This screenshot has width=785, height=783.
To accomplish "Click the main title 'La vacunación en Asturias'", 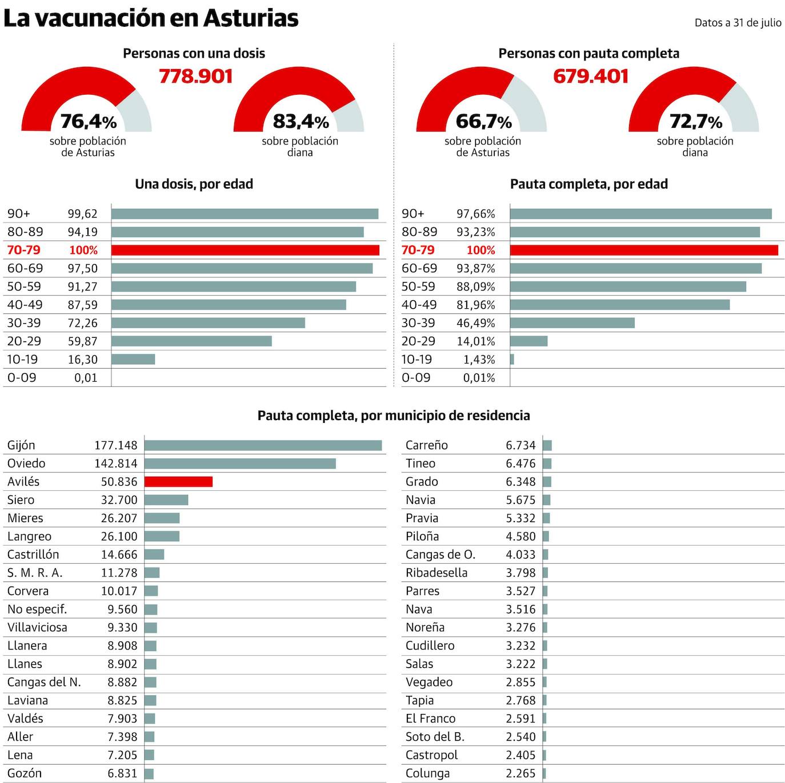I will pos(151,18).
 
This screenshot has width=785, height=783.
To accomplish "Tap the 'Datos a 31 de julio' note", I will pos(738,23).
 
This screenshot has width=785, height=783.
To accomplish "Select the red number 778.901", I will pos(195,76).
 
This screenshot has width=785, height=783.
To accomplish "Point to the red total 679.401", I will pos(591,76).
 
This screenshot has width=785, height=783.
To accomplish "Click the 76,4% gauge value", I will pos(88,121).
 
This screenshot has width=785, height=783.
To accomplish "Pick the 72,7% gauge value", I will pos(695,121).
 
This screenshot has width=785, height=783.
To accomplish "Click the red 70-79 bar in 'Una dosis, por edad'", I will pos(245,250).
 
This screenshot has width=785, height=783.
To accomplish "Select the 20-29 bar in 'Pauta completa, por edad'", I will pos(528,341).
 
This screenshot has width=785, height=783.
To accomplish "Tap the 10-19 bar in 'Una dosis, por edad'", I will pos(133,360).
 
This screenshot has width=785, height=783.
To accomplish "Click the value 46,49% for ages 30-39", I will pos(475,323).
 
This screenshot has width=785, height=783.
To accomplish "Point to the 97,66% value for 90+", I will pos(475,213).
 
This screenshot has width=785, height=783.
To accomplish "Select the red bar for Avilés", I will pos(178,482).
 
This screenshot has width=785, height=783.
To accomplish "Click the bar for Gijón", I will pos(263,445).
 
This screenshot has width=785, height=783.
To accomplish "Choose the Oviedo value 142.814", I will pos(116,463).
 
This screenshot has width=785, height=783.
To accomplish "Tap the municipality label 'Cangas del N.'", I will pos(44,682).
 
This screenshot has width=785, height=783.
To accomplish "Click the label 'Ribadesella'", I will pos(436,572).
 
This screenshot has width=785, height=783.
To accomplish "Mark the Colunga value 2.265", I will pos(520,773).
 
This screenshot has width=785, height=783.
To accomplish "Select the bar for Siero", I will pos(166,500).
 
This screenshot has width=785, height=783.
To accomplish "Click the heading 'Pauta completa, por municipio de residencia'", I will pos(393,415).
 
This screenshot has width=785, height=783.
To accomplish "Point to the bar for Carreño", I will pos(547,445).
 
